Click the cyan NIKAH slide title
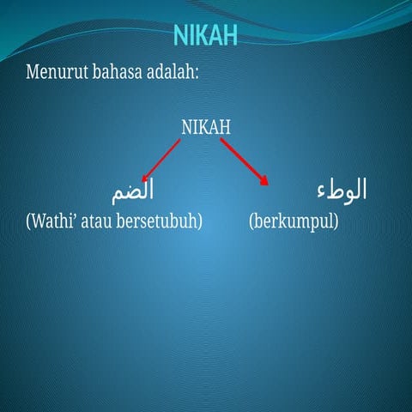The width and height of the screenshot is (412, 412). (205, 35)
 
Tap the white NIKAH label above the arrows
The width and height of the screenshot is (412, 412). (206, 127)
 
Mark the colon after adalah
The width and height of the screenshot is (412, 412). (197, 74)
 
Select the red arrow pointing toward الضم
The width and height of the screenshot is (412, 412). (161, 160)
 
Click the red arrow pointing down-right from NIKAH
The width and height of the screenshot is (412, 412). (245, 161)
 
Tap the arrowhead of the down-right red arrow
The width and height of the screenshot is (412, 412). (264, 180)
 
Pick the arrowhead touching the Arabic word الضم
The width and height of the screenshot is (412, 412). (144, 179)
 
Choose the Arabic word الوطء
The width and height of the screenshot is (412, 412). (340, 189)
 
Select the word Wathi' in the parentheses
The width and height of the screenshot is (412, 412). (51, 221)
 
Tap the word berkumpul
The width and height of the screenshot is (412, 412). (294, 221)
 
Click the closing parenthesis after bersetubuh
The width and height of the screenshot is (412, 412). (199, 221)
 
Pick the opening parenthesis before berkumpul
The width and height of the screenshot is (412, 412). (251, 221)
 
